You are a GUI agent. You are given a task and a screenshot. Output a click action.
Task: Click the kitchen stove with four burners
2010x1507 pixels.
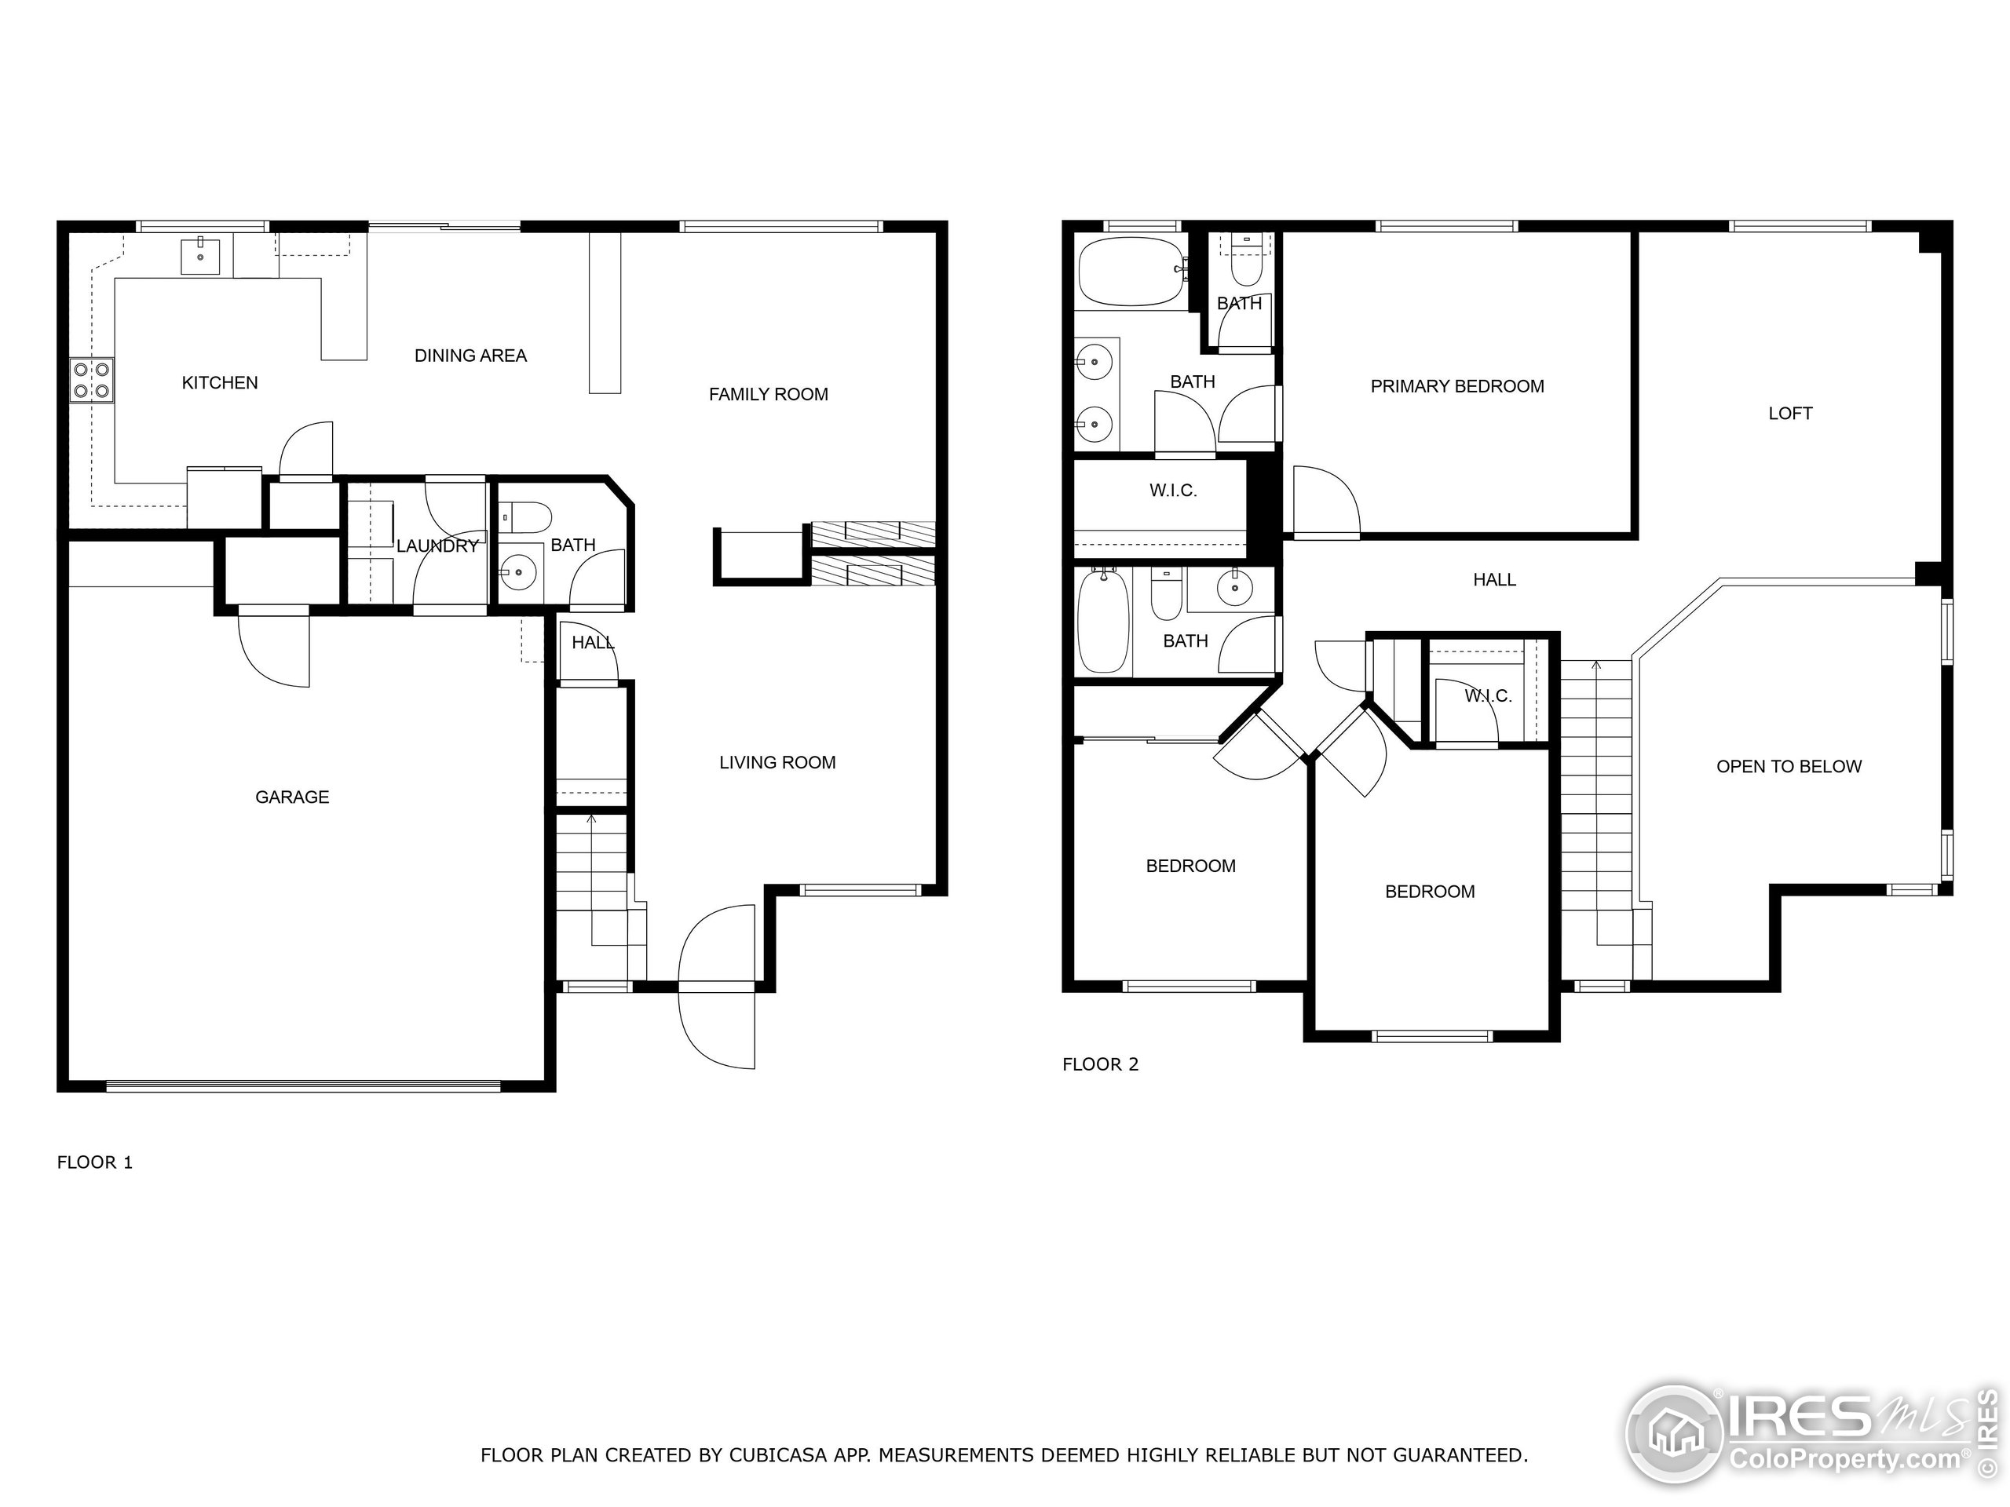92,381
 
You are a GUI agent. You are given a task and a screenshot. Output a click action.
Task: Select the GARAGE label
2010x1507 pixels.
292,797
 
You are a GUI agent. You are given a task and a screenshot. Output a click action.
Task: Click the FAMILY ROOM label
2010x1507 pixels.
768,394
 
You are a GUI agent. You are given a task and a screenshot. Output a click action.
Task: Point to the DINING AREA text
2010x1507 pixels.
470,356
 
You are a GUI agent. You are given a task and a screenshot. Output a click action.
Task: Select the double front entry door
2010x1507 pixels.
717,986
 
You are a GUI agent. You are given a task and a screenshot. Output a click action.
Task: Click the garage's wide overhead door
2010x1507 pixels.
302,1085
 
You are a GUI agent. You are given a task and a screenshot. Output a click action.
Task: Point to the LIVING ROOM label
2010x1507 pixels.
777,762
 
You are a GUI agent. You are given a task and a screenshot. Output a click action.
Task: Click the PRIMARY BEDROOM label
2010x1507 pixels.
1456,386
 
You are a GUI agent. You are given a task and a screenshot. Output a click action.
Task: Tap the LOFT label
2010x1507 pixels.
1789,414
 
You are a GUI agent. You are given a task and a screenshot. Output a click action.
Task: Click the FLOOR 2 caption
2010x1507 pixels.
1099,1064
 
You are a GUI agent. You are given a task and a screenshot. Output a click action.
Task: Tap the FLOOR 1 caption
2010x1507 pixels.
94,1162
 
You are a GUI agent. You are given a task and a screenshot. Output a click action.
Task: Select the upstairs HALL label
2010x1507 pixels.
1494,579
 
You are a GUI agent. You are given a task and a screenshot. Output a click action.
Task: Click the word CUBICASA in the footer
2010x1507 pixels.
777,1455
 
